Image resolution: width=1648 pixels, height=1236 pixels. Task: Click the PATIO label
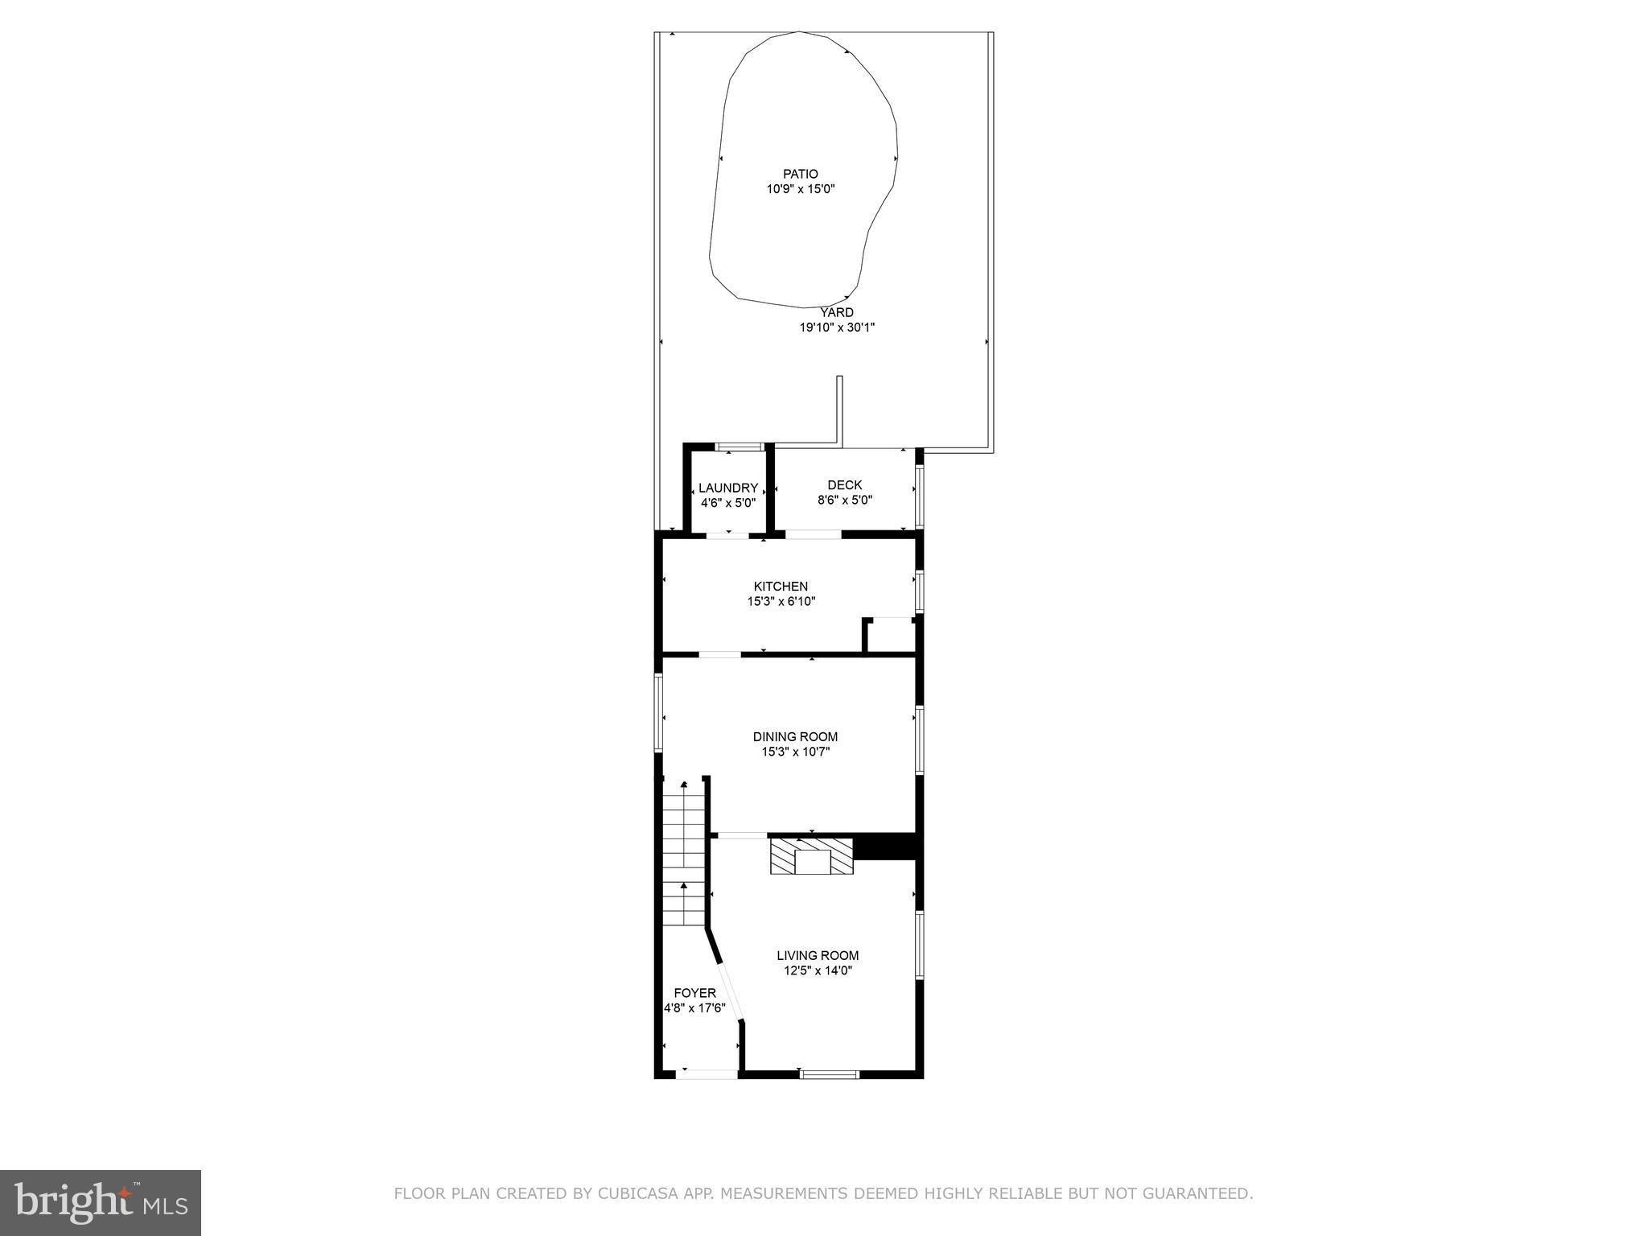800,174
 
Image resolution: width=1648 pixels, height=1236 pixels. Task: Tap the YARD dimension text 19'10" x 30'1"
836,328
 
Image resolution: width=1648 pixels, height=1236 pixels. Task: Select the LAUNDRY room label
727,488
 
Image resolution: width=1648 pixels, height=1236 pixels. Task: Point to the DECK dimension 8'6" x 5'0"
844,500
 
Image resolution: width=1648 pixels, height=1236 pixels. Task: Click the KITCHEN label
780,587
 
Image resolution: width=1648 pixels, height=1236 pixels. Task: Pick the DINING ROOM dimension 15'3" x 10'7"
795,752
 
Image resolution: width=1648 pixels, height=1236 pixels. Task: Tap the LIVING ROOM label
817,955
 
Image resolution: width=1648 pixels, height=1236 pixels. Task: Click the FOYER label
694,993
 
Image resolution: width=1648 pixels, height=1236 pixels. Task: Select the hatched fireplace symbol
811,857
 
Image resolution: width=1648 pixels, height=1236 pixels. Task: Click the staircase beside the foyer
684,857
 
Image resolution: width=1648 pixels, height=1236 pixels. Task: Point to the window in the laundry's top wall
739,446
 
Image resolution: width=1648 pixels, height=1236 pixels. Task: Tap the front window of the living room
829,1073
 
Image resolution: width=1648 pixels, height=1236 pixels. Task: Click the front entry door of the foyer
706,1073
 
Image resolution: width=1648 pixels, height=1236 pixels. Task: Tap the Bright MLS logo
100,1202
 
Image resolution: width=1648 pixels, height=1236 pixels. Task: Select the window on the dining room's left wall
658,713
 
